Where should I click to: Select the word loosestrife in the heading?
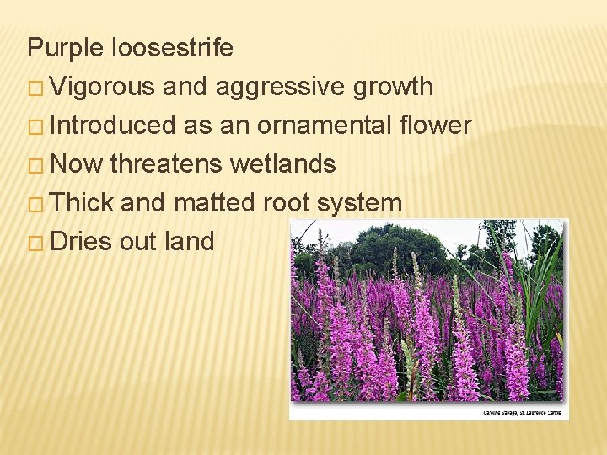coord(172,48)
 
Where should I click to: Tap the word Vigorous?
coord(102,87)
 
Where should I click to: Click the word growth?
coord(393,87)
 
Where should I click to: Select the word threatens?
coord(167,164)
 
